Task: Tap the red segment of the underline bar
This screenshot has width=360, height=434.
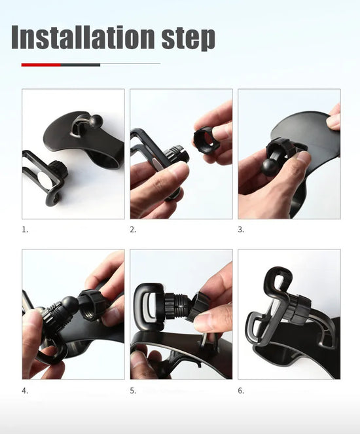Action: [41, 65]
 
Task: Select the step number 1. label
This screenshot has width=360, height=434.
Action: [25, 230]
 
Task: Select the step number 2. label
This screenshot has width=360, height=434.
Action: [133, 230]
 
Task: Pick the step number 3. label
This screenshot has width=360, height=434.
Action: [241, 230]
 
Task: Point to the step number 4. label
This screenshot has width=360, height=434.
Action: [25, 391]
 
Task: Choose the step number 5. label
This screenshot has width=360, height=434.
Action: [133, 391]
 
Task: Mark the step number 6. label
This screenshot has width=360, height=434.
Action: [241, 391]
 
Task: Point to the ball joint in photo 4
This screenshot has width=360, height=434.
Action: [69, 305]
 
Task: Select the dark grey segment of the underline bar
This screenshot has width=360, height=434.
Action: [80, 65]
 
